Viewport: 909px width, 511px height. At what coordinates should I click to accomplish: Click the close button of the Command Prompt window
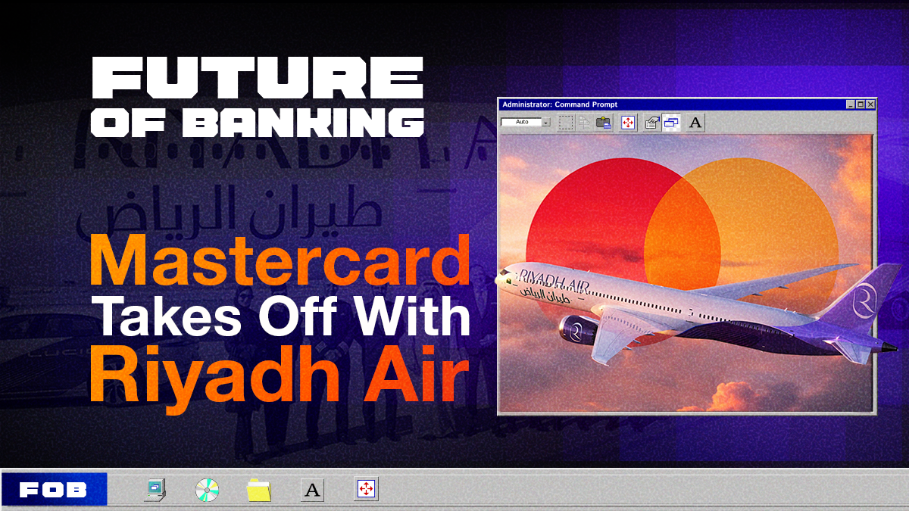(x=870, y=104)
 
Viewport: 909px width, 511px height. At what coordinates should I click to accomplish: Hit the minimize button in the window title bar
(x=851, y=104)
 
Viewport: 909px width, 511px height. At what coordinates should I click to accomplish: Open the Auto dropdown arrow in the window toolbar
(x=545, y=122)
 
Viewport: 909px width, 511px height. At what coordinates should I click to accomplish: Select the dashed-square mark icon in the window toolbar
(x=566, y=122)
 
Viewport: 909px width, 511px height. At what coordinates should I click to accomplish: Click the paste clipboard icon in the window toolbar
(x=604, y=122)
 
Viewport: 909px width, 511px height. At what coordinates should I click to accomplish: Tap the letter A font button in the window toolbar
(x=695, y=122)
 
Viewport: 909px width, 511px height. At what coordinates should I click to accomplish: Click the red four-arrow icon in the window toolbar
(x=628, y=122)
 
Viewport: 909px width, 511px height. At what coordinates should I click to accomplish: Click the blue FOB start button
(x=54, y=490)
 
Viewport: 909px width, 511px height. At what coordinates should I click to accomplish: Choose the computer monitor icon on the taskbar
(x=155, y=490)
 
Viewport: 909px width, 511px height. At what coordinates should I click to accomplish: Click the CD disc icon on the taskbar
(x=206, y=490)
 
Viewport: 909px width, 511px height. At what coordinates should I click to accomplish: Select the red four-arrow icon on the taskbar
(x=367, y=489)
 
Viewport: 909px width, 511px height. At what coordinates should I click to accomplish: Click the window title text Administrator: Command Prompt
(x=560, y=104)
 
